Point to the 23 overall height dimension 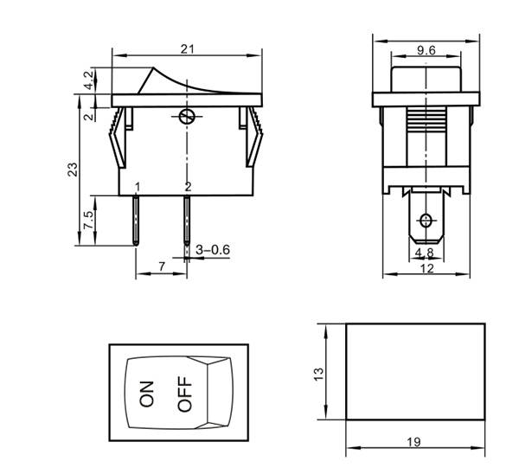tap(73, 170)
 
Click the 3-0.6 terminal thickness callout tap(214, 250)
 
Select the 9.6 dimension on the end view tap(426, 51)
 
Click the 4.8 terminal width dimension tap(424, 253)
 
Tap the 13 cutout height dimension tap(318, 373)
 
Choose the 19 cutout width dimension tap(413, 442)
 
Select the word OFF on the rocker tap(183, 393)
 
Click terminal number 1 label tap(137, 187)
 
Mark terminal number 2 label tap(188, 187)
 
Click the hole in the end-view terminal tap(425, 218)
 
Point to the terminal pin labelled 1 tap(137, 221)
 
